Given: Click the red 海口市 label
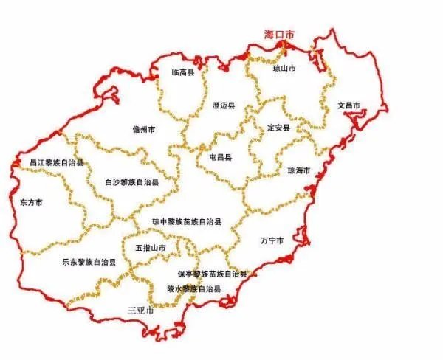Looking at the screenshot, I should click(x=281, y=35).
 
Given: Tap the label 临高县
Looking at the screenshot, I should click(x=182, y=72).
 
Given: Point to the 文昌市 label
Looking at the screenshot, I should click(x=348, y=105).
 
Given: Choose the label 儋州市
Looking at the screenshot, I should click(x=144, y=128).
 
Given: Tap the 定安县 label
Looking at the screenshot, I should click(x=279, y=128).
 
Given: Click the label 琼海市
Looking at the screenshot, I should click(x=298, y=170).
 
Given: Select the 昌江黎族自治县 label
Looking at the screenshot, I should click(x=57, y=162).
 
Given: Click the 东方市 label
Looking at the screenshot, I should click(x=31, y=201).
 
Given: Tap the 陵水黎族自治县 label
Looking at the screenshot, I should click(x=193, y=288).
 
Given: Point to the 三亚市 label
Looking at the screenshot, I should click(x=140, y=309).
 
